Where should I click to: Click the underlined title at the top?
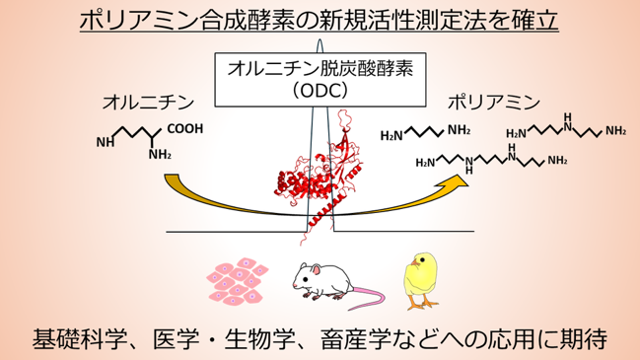[x=319, y=21]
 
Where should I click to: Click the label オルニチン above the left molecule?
[x=148, y=103]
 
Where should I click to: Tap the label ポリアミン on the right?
[x=494, y=102]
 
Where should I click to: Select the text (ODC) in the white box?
[x=320, y=91]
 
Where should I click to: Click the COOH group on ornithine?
[x=185, y=129]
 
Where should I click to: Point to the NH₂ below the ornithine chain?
[x=160, y=154]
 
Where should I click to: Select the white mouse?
[x=322, y=281]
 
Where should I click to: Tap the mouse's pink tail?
[x=365, y=298]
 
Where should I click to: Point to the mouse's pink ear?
[x=316, y=269]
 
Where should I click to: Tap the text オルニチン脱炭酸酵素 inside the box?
[x=320, y=68]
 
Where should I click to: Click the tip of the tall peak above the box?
[x=320, y=39]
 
